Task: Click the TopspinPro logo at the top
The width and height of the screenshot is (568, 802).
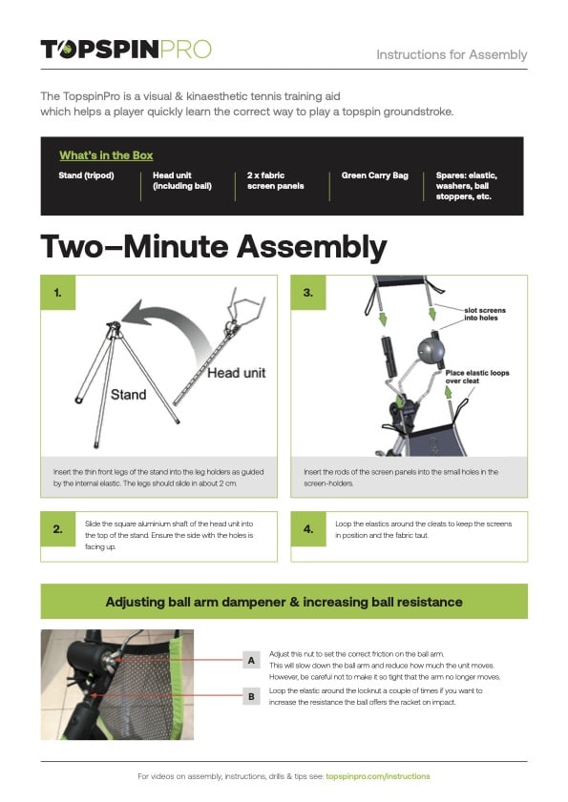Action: point(125,50)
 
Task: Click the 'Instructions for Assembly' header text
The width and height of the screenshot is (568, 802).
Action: point(452,54)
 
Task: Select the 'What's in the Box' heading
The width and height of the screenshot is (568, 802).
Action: point(106,155)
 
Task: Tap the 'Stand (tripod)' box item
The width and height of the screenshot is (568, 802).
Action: point(86,176)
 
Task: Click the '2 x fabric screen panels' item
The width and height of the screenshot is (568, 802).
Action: point(275,181)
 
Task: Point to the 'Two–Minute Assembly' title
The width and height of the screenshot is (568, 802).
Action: point(213,246)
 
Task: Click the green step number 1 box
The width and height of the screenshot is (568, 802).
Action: point(57,293)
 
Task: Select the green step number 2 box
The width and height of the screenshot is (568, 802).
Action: point(57,528)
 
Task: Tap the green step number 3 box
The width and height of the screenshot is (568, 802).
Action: point(308,293)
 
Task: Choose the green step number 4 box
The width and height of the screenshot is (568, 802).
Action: point(308,528)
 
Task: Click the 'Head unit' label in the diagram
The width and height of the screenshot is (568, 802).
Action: point(236,373)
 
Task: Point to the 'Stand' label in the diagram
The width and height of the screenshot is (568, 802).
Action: point(128,394)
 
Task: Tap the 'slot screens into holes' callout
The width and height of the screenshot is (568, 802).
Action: point(485,316)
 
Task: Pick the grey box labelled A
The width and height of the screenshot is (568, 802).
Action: point(251,659)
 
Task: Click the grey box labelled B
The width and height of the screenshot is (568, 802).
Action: point(251,697)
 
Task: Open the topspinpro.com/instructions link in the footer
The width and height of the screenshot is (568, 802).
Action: point(377,776)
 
